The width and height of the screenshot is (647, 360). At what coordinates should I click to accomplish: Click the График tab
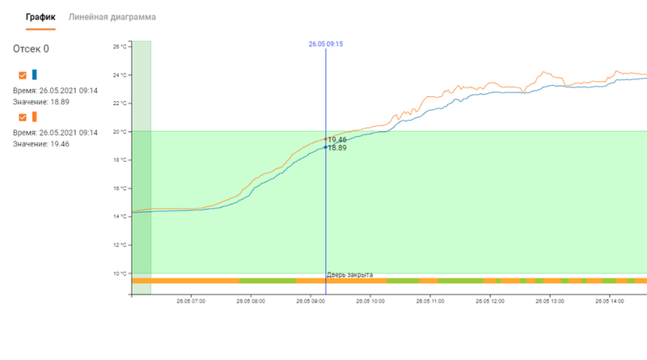[40, 17]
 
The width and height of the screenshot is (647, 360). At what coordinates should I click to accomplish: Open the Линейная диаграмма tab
[112, 17]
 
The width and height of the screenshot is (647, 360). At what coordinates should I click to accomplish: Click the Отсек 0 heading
[31, 49]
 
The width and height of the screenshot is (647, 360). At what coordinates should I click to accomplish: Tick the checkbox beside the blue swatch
[23, 75]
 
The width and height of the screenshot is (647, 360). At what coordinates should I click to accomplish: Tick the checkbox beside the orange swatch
[23, 117]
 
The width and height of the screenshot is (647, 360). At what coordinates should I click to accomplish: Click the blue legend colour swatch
[35, 74]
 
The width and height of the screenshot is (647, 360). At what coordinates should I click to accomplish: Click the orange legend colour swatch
[35, 116]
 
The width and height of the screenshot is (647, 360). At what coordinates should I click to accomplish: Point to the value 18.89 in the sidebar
[60, 102]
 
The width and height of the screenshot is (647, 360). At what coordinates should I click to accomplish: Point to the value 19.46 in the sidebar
[60, 144]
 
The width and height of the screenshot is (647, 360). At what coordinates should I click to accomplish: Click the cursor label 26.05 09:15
[326, 44]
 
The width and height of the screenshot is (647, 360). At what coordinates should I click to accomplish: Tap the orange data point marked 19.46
[326, 139]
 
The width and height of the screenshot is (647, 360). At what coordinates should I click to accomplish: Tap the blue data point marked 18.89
[326, 147]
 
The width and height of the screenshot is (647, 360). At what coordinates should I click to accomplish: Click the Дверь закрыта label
[350, 274]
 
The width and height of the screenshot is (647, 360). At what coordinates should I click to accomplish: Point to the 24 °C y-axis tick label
[120, 75]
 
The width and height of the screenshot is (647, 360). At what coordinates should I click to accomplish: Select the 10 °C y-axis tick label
[120, 273]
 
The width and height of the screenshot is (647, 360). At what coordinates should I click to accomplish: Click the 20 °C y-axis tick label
[120, 132]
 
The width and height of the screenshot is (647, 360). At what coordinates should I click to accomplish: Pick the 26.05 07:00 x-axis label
[191, 302]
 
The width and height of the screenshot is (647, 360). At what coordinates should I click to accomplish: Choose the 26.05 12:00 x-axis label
[490, 302]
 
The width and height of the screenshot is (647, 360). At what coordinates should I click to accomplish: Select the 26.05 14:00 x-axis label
[610, 302]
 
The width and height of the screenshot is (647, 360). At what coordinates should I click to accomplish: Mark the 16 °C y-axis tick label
[120, 188]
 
